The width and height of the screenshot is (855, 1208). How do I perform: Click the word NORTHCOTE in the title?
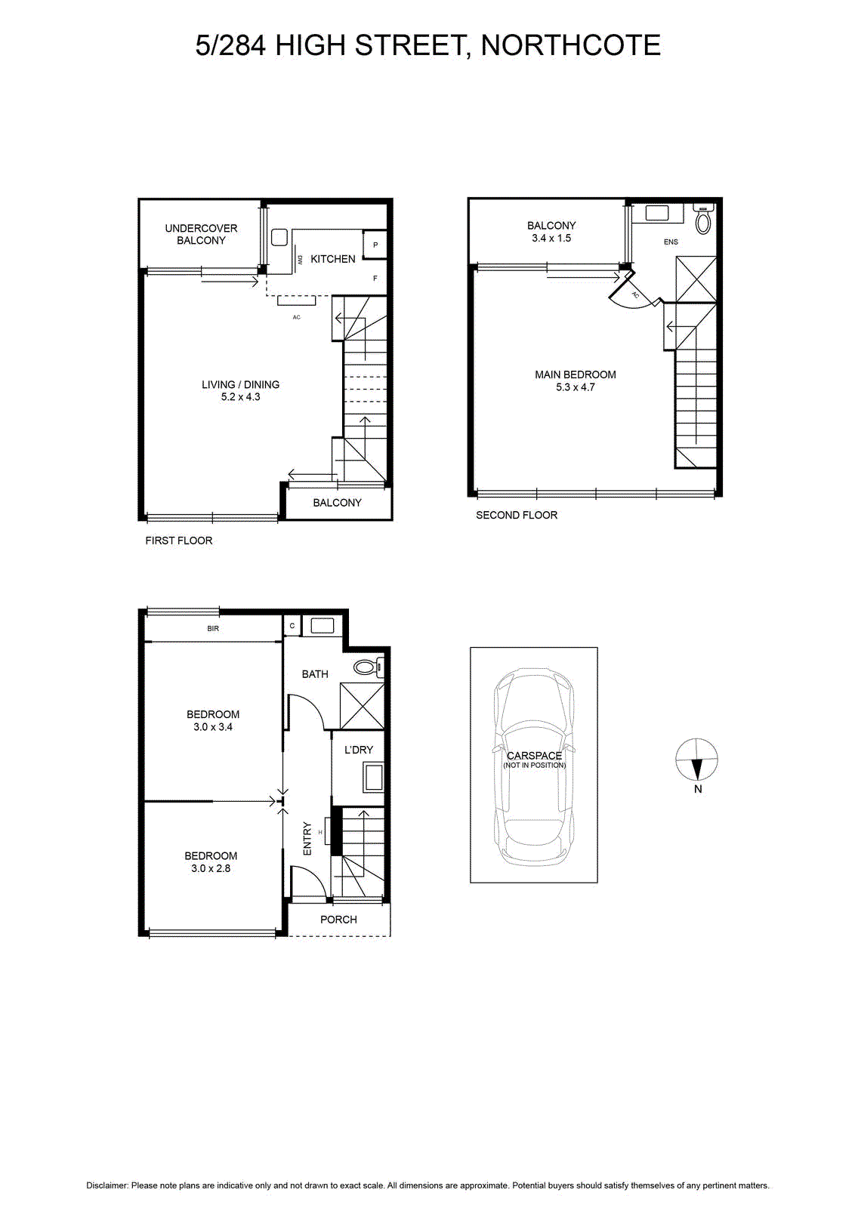click(x=570, y=45)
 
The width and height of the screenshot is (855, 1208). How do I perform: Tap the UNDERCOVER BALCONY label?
click(x=201, y=234)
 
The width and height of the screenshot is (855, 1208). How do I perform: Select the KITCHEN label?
click(x=333, y=259)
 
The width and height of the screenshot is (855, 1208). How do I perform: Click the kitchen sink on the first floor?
click(x=279, y=238)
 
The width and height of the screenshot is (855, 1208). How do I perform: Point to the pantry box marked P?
click(x=375, y=245)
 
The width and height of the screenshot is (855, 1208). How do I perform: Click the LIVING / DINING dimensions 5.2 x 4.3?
click(x=241, y=397)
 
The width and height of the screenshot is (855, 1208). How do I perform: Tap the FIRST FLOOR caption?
click(x=178, y=541)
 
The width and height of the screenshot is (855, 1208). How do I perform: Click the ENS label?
click(x=671, y=242)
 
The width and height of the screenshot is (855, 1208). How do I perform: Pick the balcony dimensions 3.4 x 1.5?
click(x=551, y=239)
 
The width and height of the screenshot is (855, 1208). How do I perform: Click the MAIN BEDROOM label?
click(x=576, y=374)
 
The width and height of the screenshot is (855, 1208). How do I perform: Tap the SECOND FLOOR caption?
click(x=516, y=515)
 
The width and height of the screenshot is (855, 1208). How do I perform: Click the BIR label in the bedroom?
click(x=213, y=628)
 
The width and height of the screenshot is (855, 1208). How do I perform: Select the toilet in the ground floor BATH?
click(x=369, y=667)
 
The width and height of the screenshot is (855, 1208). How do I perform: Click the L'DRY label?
click(x=359, y=750)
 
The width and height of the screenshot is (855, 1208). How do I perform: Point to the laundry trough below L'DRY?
click(x=373, y=777)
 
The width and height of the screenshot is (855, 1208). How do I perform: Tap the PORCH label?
click(x=339, y=920)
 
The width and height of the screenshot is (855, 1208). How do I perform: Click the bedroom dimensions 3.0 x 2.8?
click(x=211, y=868)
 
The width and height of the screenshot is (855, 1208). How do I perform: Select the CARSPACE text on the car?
click(x=534, y=756)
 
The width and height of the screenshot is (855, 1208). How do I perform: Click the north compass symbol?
click(x=696, y=760)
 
